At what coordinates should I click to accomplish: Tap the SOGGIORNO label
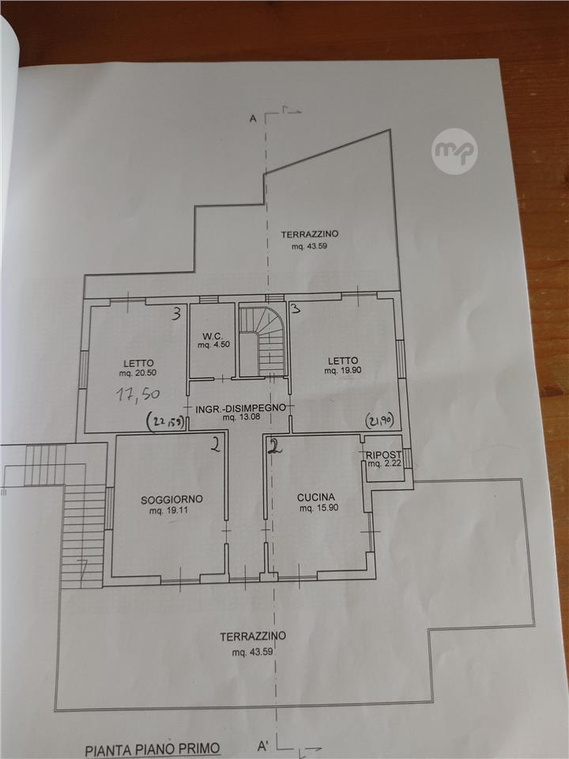tap(171, 500)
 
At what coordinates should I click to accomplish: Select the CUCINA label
tap(316, 497)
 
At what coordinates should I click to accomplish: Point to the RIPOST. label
tap(384, 455)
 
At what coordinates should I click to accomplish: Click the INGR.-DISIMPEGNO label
tap(240, 409)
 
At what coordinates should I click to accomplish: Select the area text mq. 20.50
tap(138, 373)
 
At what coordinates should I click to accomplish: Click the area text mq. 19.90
tap(343, 371)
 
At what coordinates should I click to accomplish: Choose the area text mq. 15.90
tap(318, 508)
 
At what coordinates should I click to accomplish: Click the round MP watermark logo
tap(454, 151)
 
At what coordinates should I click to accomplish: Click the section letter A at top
tap(253, 119)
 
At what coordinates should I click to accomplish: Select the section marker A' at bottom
tap(264, 746)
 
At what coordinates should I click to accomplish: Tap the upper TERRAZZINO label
tap(310, 234)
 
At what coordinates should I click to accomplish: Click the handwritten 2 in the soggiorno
tap(216, 444)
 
